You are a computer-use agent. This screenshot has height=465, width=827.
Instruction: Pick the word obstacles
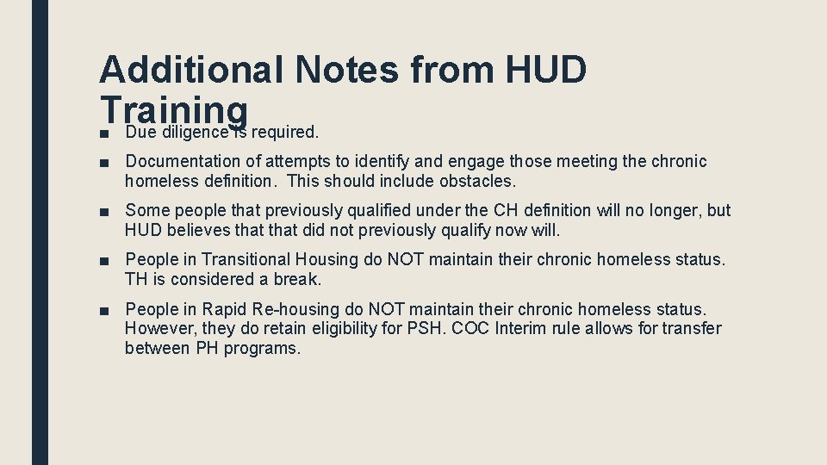478,181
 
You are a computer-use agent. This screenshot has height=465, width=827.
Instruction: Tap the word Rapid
222,308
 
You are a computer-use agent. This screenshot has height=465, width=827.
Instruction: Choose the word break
296,279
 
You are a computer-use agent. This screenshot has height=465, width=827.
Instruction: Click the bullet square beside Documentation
104,162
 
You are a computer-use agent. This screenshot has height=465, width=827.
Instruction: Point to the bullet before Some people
104,211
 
